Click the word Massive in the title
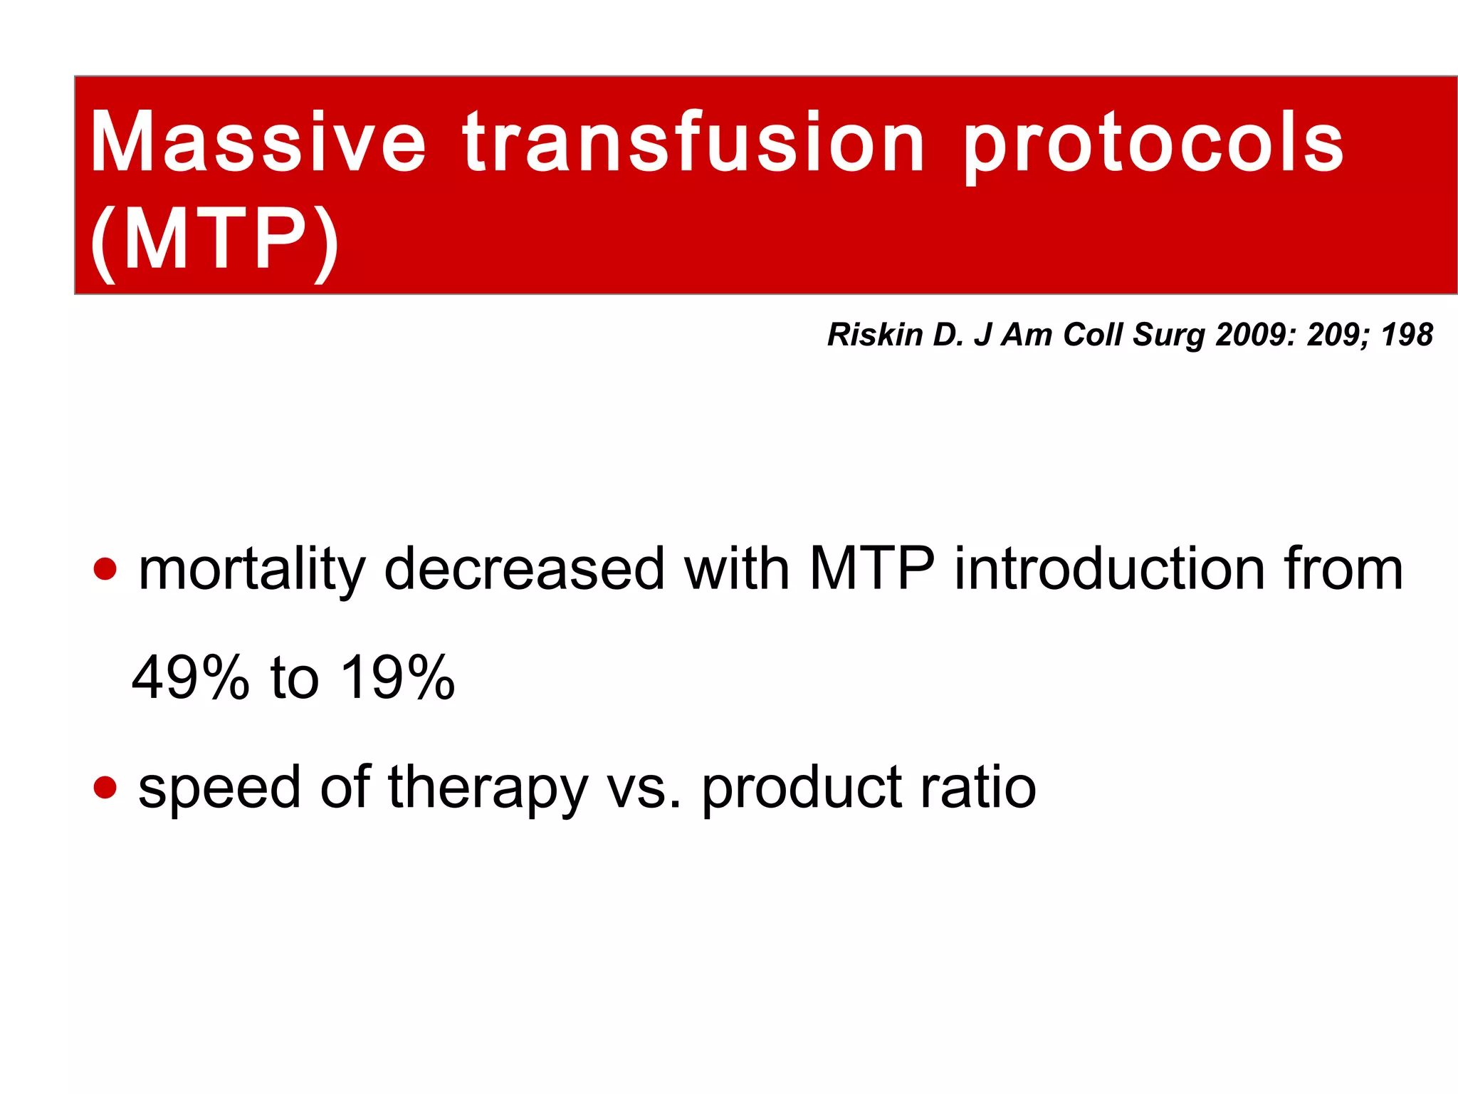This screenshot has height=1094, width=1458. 258,142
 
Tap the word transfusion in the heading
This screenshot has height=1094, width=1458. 694,142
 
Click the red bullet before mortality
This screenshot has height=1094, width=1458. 105,569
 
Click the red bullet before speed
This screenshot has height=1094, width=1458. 105,787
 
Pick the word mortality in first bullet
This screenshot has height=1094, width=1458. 252,570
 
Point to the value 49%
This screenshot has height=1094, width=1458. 191,677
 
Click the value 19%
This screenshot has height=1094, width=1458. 397,677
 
